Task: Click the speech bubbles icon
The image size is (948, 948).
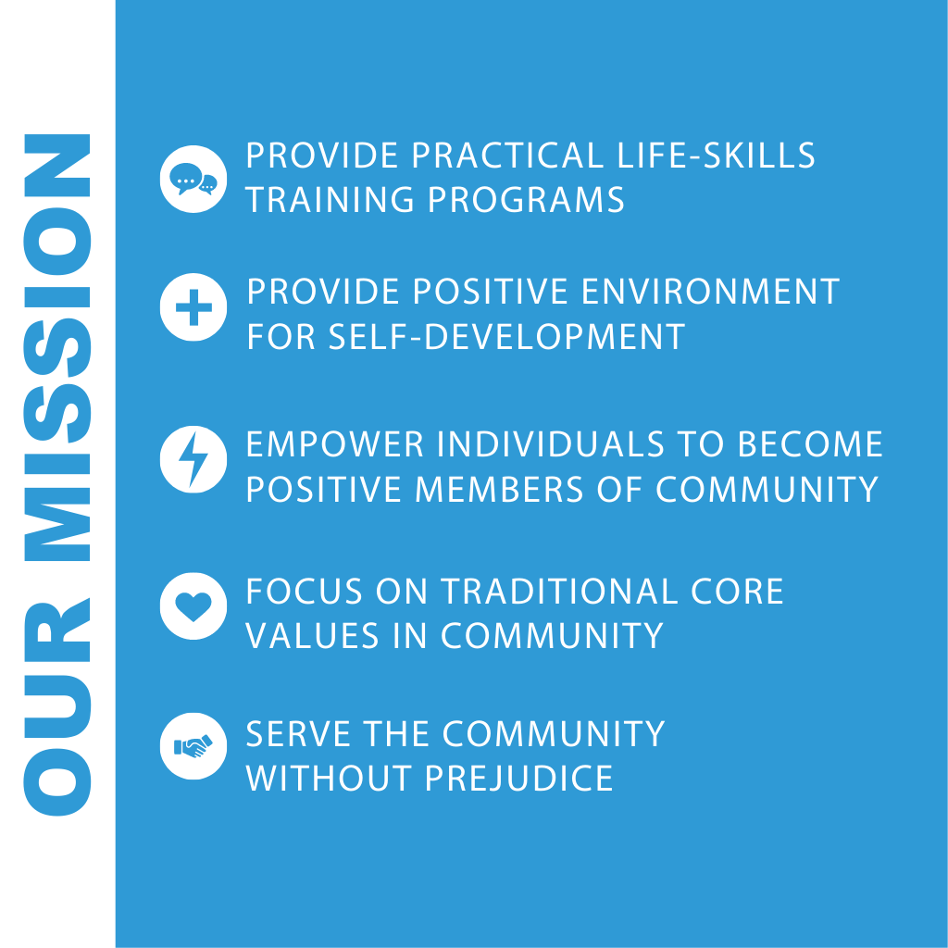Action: coord(193,179)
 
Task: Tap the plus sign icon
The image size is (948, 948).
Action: coord(193,307)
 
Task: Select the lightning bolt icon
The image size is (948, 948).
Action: coord(193,459)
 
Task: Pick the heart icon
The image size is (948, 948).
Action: coord(193,605)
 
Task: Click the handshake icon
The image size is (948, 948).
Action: coord(193,746)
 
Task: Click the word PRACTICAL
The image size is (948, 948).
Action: coord(508,156)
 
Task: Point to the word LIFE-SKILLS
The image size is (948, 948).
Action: coord(717,156)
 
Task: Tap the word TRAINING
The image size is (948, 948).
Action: coord(329,200)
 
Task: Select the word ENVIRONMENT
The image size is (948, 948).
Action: coord(710,292)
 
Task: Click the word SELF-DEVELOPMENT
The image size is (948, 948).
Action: coord(506,336)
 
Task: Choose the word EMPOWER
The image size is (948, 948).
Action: coord(335,444)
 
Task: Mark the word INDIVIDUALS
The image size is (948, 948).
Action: coord(551,444)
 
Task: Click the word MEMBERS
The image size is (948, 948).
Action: coord(499,489)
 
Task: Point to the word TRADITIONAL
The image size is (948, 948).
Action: coord(559,592)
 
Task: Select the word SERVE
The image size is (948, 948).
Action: coord(299,734)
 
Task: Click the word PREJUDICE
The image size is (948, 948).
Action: coord(519,778)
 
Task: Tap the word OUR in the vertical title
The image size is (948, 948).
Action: coord(56,706)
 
